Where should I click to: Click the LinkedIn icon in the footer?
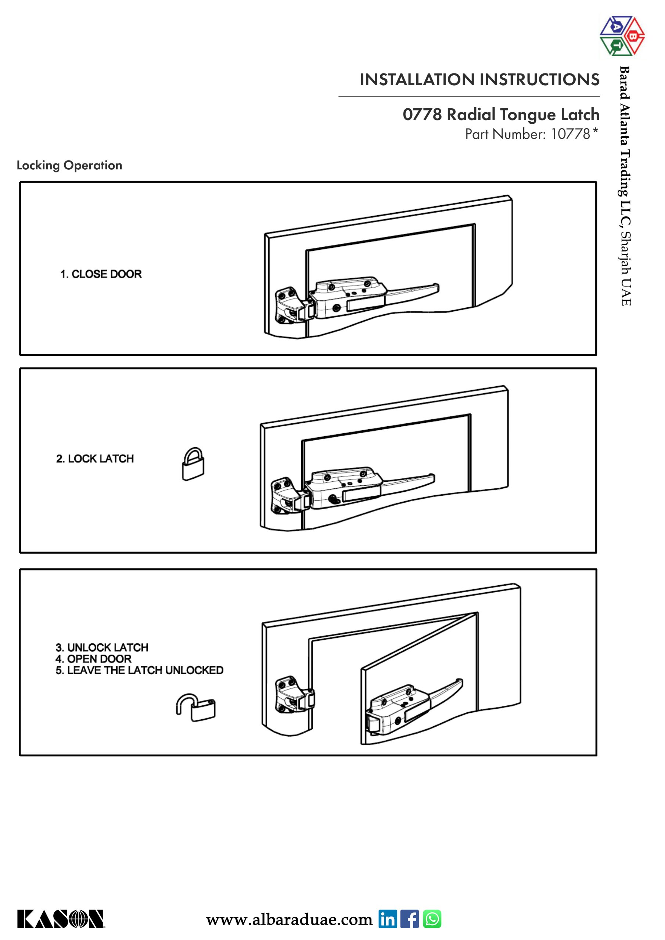click(387, 919)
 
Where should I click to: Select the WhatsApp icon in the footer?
click(432, 919)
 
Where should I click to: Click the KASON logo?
click(61, 919)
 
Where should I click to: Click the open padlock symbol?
click(196, 707)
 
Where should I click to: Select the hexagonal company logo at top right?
click(621, 36)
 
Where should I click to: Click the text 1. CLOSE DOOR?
click(101, 274)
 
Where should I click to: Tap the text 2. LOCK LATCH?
click(95, 459)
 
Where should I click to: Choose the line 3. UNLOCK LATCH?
click(102, 647)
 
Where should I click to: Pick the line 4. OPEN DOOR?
click(93, 659)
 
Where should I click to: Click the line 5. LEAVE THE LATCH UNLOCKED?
click(139, 670)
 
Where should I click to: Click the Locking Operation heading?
click(69, 165)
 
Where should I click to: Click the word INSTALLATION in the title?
click(417, 79)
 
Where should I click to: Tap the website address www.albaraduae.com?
click(289, 919)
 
